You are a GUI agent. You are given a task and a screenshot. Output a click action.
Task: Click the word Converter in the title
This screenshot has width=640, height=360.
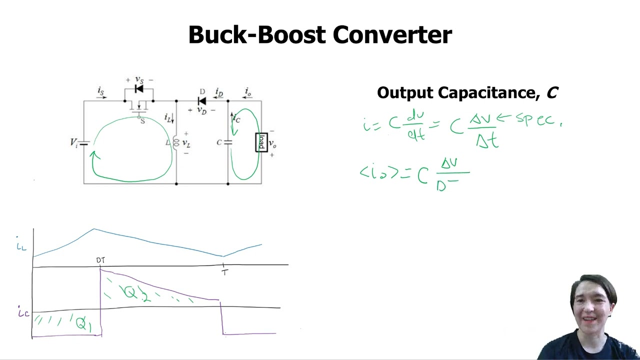tap(392, 35)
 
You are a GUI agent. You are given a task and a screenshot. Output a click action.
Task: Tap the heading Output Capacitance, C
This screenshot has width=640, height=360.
tap(467, 92)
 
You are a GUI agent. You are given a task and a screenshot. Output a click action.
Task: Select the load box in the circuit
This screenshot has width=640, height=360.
tap(261, 142)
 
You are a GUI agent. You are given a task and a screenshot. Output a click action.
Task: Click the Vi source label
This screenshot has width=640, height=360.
tap(74, 142)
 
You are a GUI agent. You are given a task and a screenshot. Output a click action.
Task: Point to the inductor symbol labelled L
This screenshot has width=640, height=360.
tap(176, 142)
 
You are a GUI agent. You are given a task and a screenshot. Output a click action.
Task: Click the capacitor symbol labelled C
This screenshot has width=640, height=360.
tap(228, 142)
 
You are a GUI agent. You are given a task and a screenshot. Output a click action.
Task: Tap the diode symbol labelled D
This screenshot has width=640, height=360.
tap(202, 101)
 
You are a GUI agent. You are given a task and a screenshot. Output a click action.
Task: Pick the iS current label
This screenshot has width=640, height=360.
tap(101, 91)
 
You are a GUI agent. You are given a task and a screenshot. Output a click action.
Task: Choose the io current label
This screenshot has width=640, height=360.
tap(248, 91)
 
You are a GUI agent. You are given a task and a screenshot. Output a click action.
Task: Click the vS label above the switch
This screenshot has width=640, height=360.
tap(139, 80)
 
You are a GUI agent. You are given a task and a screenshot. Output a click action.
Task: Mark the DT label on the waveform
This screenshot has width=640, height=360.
tap(100, 260)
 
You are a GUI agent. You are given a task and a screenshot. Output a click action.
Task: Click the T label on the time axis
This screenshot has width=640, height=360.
tap(225, 272)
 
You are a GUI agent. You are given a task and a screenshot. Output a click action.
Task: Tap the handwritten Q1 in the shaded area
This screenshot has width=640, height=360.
tap(83, 323)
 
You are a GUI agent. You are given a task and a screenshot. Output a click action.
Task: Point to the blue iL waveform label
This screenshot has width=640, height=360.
tap(21, 245)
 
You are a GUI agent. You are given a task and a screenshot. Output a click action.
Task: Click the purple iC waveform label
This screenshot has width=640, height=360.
tap(23, 313)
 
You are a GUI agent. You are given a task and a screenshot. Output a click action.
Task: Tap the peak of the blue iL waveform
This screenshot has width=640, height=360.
tap(93, 229)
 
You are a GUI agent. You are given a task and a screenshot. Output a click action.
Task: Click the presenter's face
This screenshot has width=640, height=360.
tap(592, 305)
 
